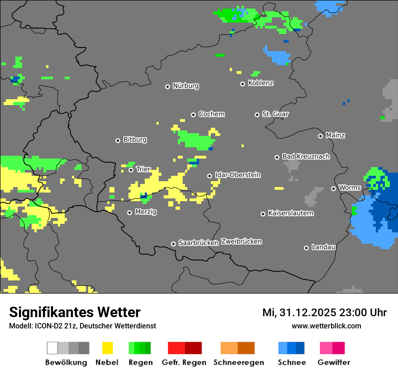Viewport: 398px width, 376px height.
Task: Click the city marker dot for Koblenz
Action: (242, 84)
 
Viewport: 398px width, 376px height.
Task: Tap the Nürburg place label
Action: (185, 86)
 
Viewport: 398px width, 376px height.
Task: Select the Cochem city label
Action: (212, 114)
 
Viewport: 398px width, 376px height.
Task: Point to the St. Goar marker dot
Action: (257, 115)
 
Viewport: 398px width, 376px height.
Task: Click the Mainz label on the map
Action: (335, 135)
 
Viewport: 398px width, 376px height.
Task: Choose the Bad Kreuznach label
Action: (306, 156)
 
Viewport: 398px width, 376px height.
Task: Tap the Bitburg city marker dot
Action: (118, 140)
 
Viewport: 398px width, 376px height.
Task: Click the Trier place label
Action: (143, 169)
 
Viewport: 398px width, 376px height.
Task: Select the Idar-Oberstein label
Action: (237, 175)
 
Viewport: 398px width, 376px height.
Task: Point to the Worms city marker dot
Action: (333, 188)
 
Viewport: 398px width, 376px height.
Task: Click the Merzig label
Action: (146, 212)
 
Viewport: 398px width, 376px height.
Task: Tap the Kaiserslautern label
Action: (291, 213)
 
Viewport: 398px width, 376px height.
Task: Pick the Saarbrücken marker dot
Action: (173, 244)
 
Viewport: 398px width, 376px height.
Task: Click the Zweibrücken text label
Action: (241, 241)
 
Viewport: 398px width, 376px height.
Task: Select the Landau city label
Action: (323, 247)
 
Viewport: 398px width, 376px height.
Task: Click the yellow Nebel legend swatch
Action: (107, 348)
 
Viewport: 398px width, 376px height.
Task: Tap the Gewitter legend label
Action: (334, 362)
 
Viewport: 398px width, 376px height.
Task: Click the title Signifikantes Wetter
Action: (75, 312)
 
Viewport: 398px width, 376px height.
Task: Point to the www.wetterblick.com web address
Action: (326, 326)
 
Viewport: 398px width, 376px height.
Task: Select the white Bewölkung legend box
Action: (52, 348)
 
